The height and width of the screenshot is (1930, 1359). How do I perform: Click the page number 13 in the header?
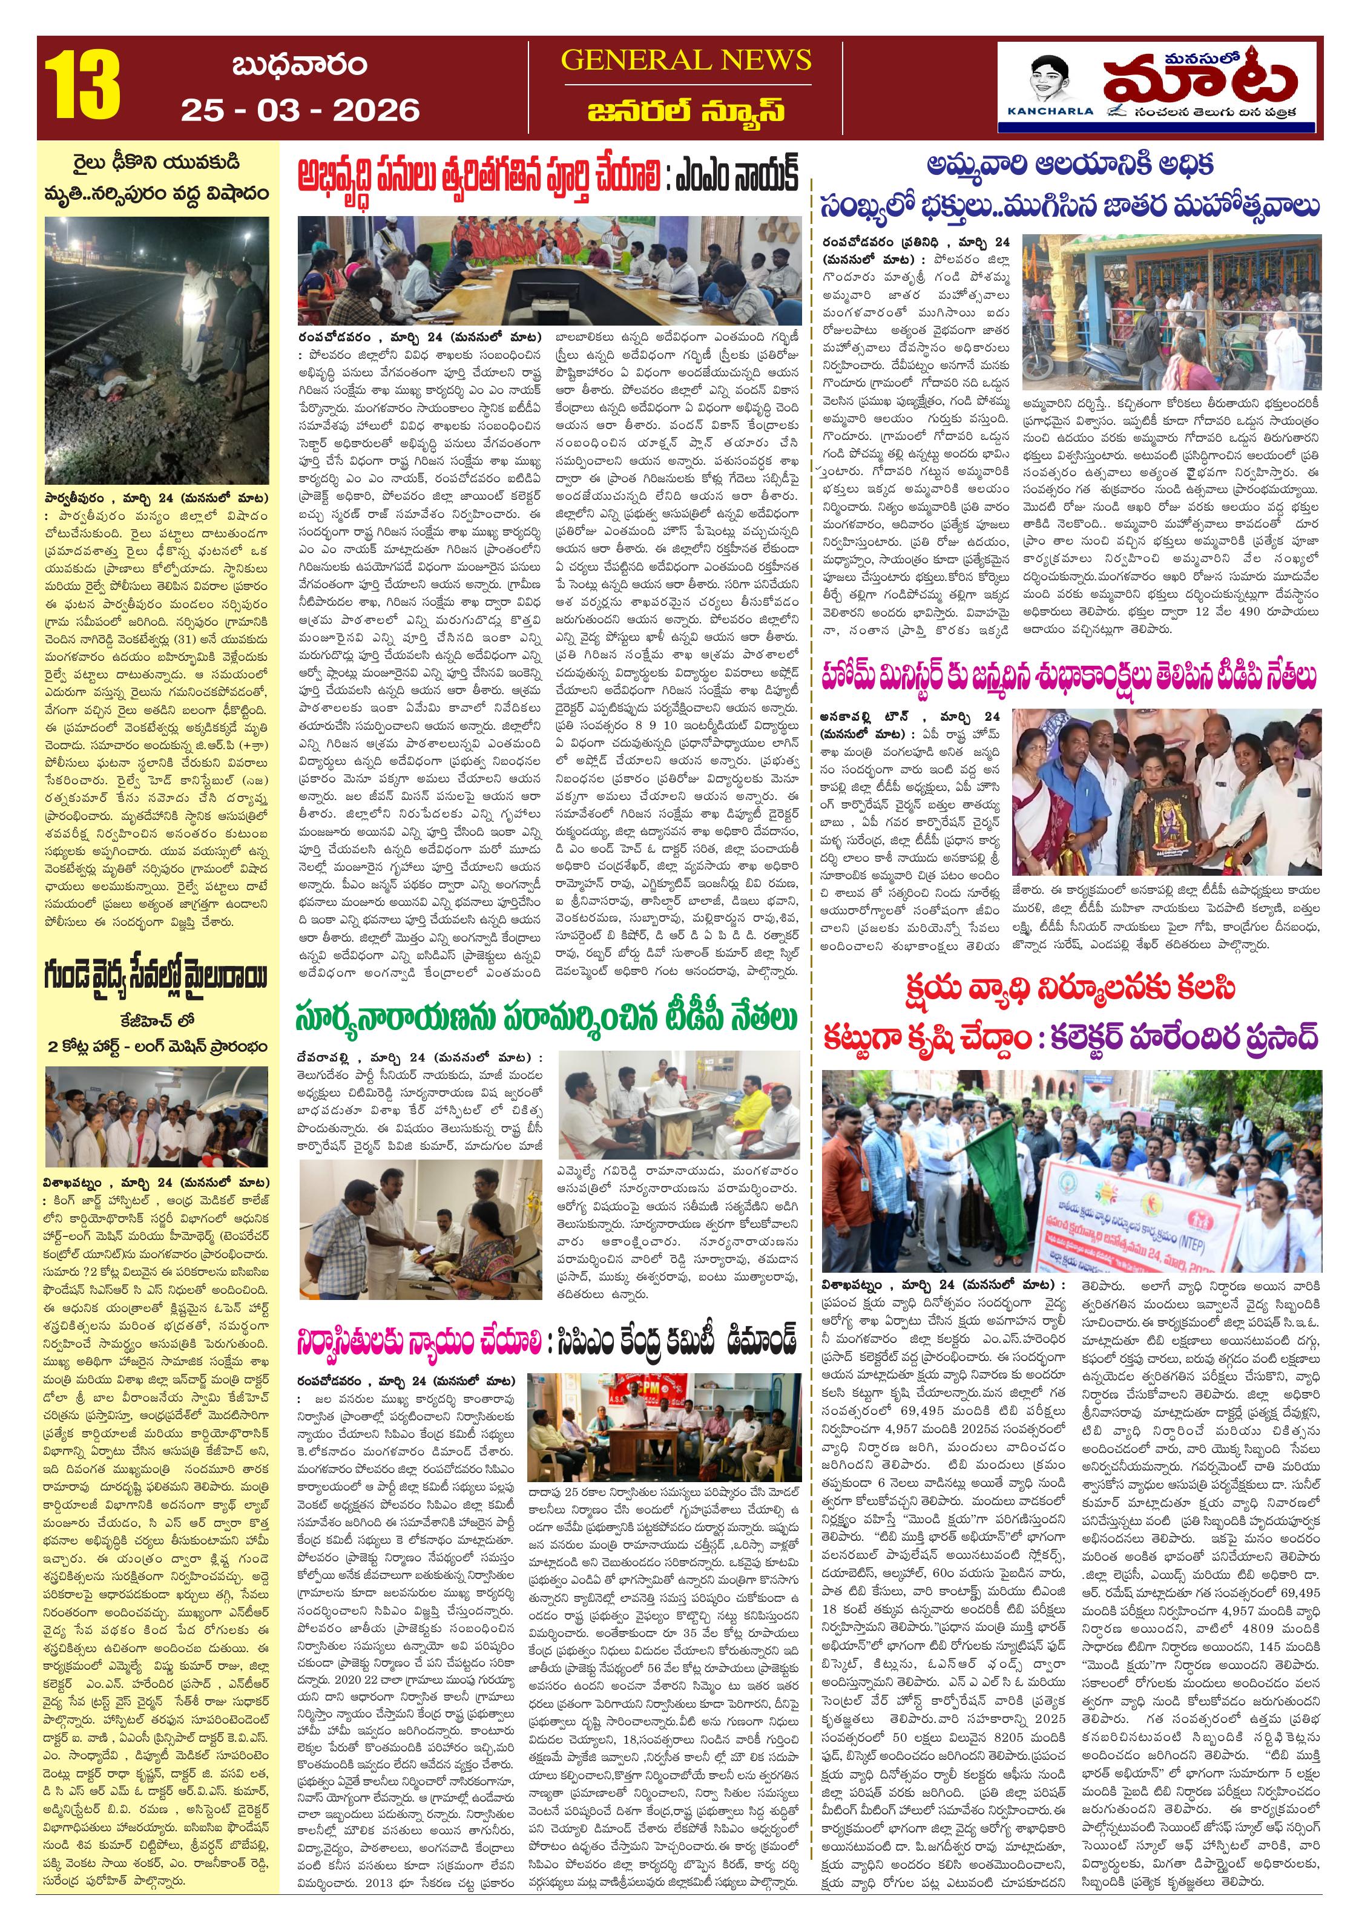tap(82, 87)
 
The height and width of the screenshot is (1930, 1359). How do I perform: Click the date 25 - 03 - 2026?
tap(300, 110)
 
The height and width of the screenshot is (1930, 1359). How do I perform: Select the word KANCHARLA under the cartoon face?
tap(1050, 111)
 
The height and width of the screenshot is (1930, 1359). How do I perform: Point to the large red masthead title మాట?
tap(1199, 80)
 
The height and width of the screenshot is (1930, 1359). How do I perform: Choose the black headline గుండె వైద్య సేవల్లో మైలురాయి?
tap(156, 977)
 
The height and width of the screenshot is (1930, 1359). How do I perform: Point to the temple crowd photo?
tap(1171, 311)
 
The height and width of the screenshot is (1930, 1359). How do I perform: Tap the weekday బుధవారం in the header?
tap(300, 65)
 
